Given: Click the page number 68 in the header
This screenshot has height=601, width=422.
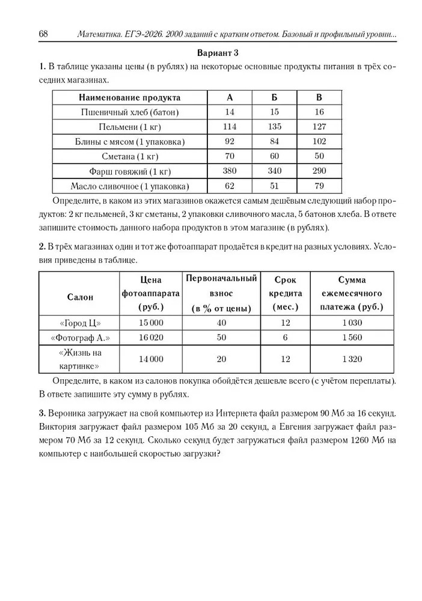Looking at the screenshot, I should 43,33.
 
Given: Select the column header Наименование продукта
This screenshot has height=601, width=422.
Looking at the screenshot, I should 130,97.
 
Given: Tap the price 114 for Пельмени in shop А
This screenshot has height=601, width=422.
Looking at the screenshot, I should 230,127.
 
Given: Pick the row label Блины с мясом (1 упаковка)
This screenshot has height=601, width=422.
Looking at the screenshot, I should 130,142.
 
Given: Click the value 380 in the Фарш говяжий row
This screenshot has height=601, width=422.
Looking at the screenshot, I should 230,171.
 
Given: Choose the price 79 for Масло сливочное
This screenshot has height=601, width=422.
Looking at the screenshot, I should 319,185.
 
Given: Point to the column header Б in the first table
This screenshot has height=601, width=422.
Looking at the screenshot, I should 275,97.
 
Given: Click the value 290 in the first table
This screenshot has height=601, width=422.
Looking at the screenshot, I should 319,171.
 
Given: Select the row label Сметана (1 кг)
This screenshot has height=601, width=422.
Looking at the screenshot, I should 130,156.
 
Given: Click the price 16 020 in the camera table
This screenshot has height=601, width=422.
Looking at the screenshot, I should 151,337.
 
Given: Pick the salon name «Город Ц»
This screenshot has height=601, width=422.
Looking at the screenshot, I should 79,323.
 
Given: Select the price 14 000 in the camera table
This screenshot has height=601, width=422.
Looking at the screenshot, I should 151,359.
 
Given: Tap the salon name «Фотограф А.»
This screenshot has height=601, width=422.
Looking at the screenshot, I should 79,337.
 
